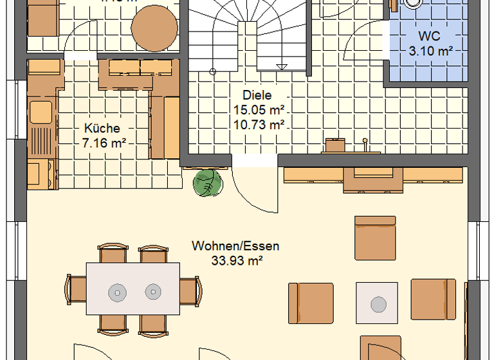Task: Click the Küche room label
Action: pyautogui.click(x=101, y=129)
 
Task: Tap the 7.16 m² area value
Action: pyautogui.click(x=104, y=143)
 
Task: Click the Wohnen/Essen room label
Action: pyautogui.click(x=235, y=246)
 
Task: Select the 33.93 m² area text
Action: pyautogui.click(x=235, y=260)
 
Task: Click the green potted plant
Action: pyautogui.click(x=206, y=183)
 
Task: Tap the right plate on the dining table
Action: pyautogui.click(x=152, y=291)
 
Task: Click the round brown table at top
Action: pyautogui.click(x=154, y=28)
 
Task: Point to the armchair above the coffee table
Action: pyautogui.click(x=375, y=238)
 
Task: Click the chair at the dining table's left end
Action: pyautogui.click(x=76, y=291)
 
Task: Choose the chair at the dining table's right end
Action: pyautogui.click(x=190, y=291)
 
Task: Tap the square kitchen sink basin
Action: pyautogui.click(x=40, y=111)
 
